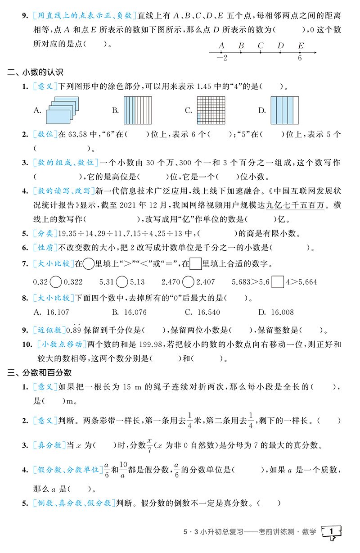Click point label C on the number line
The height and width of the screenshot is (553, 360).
coord(261,45)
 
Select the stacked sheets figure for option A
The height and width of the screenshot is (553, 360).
coord(58,110)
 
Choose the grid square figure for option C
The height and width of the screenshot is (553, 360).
coord(210,110)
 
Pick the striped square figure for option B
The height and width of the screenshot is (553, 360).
coord(137,110)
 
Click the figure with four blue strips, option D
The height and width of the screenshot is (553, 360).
coord(284,110)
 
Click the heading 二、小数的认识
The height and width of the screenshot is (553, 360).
coord(36,72)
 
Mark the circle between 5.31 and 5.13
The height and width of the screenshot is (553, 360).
coord(121,282)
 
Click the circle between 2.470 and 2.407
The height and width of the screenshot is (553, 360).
coord(189,282)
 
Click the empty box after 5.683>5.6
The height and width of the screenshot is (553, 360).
coord(278,282)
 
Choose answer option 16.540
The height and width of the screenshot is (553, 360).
coord(209,312)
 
